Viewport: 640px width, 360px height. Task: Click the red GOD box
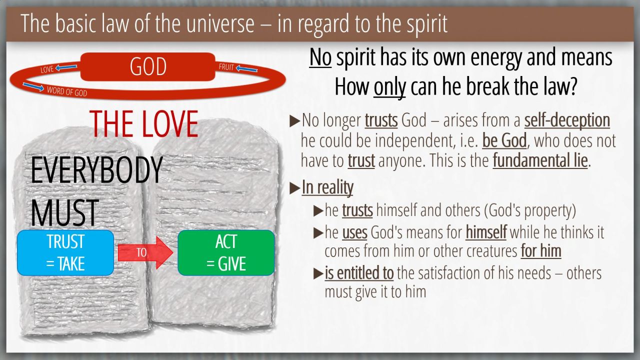[x=147, y=66]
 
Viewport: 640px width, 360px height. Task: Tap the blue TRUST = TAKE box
[x=65, y=253]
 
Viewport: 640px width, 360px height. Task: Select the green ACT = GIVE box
[x=226, y=253]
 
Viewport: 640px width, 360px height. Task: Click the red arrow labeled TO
[x=145, y=252]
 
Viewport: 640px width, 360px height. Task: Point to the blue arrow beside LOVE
[x=66, y=67]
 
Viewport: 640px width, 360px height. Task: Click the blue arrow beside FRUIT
[x=246, y=68]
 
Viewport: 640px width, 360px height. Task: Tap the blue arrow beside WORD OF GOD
[x=33, y=86]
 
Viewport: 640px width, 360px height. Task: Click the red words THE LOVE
[x=143, y=123]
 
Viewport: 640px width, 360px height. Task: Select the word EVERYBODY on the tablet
[x=96, y=170]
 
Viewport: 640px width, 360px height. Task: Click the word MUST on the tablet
[x=64, y=213]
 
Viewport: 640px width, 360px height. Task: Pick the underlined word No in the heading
[x=320, y=57]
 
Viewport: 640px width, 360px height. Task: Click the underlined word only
[x=389, y=86]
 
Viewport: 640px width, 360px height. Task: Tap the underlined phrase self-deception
[x=567, y=120]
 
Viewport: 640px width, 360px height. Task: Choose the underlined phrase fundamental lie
[x=540, y=160]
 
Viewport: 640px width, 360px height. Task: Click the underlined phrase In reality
[x=327, y=187]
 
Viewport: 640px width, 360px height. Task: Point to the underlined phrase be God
[x=504, y=140]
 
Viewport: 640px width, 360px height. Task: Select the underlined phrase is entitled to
[x=359, y=273]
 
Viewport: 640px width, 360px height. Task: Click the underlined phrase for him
[x=541, y=251]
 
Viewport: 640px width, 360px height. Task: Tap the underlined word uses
[x=354, y=232]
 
